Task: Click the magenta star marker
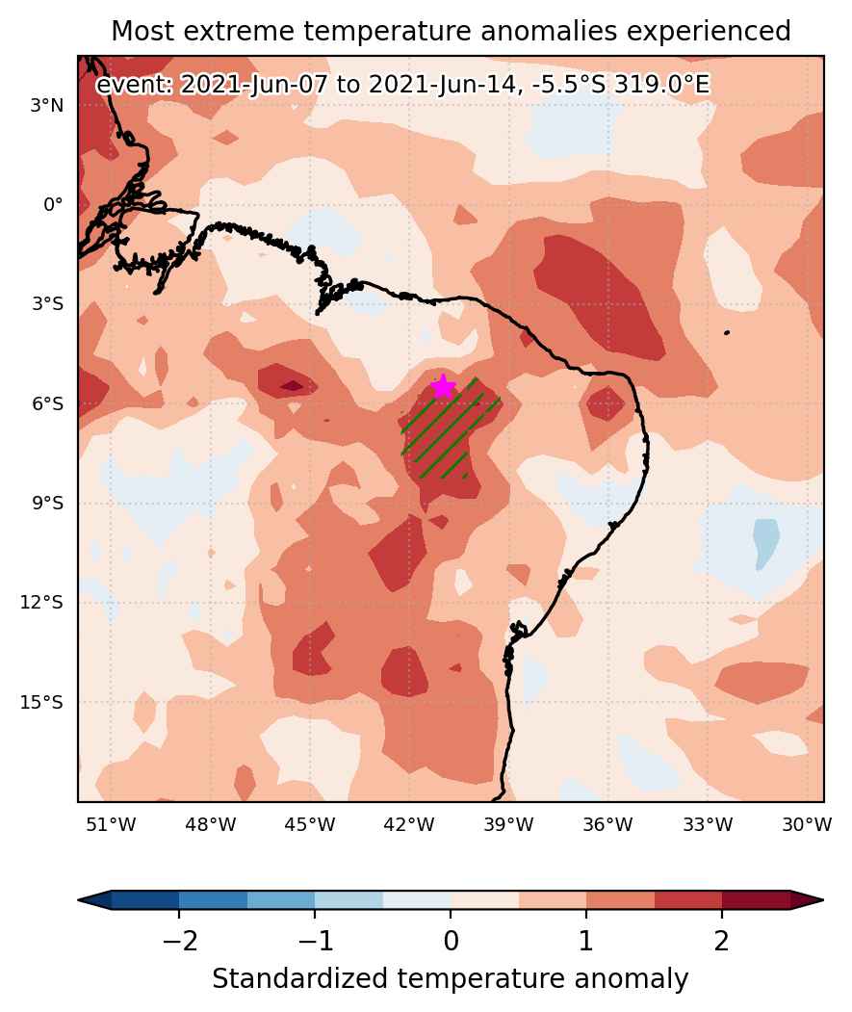pyautogui.click(x=443, y=386)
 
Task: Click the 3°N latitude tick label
pyautogui.click(x=47, y=105)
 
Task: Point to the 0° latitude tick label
pyautogui.click(x=53, y=204)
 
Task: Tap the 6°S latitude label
pyautogui.click(x=48, y=404)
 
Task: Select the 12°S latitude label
pyautogui.click(x=42, y=603)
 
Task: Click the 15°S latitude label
pyautogui.click(x=42, y=702)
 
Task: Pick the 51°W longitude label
pyautogui.click(x=111, y=824)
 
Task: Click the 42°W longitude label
pyautogui.click(x=408, y=824)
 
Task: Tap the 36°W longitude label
pyautogui.click(x=607, y=824)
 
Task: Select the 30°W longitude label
pyautogui.click(x=807, y=824)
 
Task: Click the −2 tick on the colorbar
pyautogui.click(x=179, y=941)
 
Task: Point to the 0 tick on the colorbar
pyautogui.click(x=451, y=941)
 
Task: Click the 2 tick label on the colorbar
pyautogui.click(x=722, y=941)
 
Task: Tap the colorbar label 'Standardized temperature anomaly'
pyautogui.click(x=450, y=979)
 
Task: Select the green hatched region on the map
pyautogui.click(x=451, y=428)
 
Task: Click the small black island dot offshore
pyautogui.click(x=727, y=332)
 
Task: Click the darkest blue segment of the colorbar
pyautogui.click(x=144, y=899)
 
